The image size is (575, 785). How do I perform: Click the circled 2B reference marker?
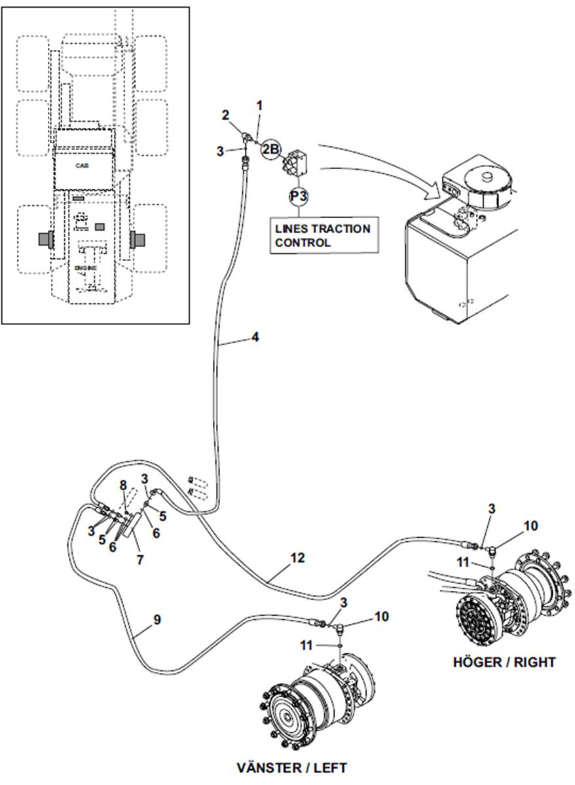[x=271, y=149]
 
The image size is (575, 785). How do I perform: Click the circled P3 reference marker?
[x=299, y=196]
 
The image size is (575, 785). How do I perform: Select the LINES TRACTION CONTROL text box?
[x=324, y=235]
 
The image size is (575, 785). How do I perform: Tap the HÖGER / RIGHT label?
[x=504, y=662]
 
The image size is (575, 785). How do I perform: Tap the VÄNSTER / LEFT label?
[x=291, y=767]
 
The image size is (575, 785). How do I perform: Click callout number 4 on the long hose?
[x=255, y=337]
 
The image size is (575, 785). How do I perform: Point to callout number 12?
[x=297, y=557]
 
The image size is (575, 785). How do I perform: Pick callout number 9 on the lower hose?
[x=157, y=619]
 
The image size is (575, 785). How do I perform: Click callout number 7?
[x=139, y=559]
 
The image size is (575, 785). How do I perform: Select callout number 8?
[x=124, y=485]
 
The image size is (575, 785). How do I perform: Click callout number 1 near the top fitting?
[x=259, y=105]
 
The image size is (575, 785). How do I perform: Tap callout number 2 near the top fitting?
[x=226, y=115]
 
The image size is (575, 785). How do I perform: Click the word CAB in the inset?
[x=82, y=164]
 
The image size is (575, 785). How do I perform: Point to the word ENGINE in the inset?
[x=86, y=268]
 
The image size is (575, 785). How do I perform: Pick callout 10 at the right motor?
[x=530, y=525]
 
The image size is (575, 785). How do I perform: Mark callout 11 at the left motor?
[x=306, y=646]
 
